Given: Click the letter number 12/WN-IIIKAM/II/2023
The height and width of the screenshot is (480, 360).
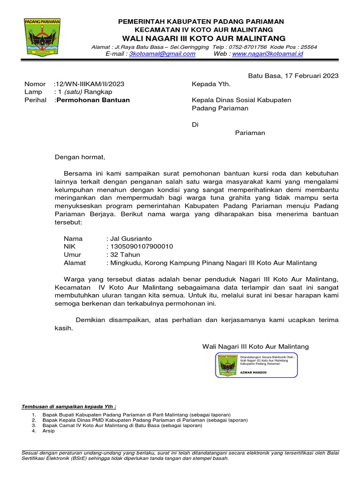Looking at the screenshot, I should [90, 84].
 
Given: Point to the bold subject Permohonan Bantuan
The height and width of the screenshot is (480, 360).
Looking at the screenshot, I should [93, 100].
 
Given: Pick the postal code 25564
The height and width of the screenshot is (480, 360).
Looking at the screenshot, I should [308, 47].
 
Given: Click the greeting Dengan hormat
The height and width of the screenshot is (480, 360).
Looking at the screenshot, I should [80, 157].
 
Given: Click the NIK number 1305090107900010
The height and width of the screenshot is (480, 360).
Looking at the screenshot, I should [141, 247].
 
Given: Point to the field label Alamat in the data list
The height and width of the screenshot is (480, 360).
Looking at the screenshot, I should [75, 262].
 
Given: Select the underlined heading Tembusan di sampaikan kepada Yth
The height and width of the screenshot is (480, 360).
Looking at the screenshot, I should [69, 406].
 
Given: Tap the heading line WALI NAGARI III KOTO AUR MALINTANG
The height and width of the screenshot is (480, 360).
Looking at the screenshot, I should [204, 38].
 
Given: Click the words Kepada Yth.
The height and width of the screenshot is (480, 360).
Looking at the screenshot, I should [211, 84].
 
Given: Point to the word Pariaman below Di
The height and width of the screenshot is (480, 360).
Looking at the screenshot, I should [249, 133].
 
